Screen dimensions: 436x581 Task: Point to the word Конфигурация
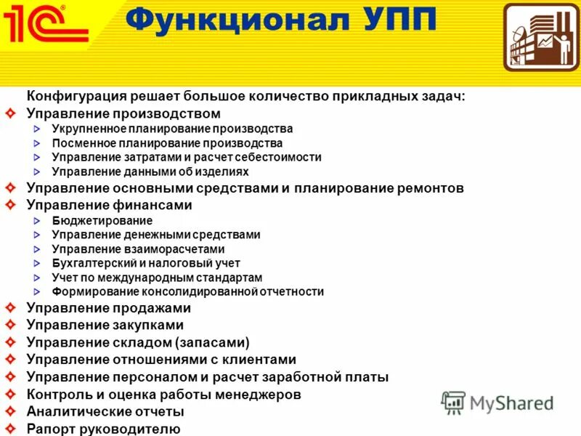point(77,97)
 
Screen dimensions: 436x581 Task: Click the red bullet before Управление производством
point(9,114)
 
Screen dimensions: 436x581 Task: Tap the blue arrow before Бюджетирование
point(38,221)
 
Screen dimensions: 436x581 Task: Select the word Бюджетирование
point(102,221)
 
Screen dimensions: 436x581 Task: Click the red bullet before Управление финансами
point(9,205)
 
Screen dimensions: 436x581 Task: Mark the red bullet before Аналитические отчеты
point(9,411)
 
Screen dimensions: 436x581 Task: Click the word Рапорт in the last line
point(49,429)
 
